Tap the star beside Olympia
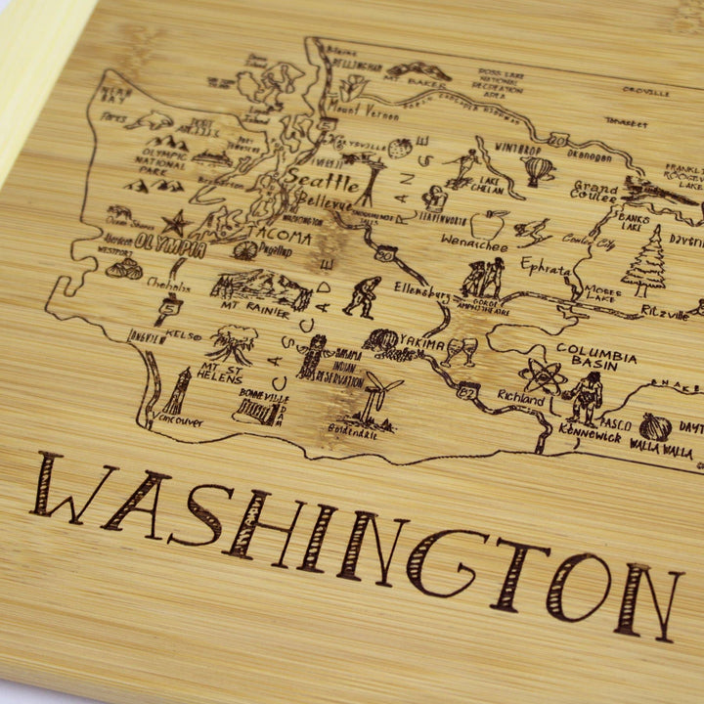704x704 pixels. [x=177, y=223]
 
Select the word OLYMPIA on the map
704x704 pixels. [x=171, y=244]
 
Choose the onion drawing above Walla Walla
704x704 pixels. [x=655, y=426]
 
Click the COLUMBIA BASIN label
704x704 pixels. [x=596, y=353]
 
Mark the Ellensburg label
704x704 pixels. [x=422, y=291]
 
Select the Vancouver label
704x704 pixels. [x=179, y=421]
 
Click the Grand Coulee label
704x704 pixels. [x=594, y=191]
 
